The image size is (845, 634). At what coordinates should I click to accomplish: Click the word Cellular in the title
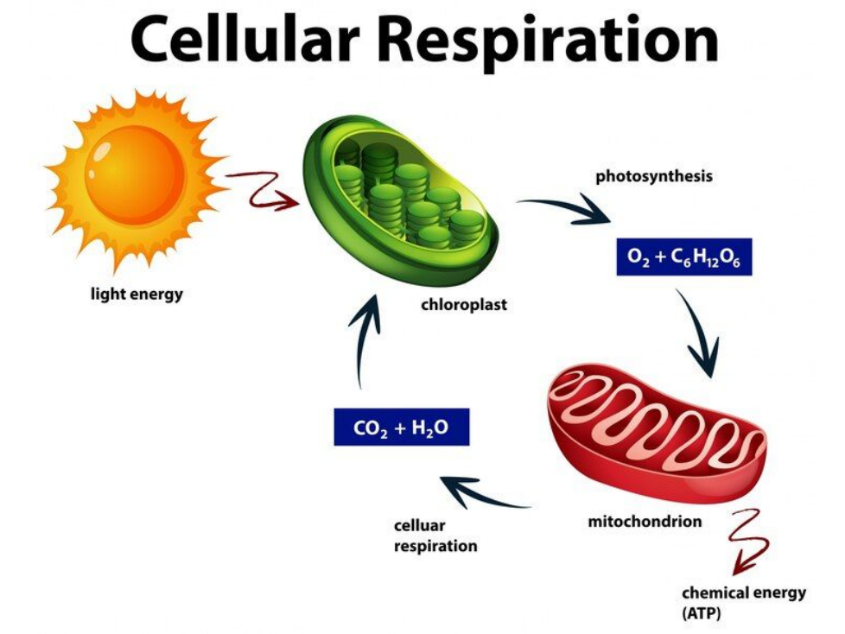[x=239, y=40]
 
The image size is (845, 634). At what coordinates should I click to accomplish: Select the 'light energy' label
[x=137, y=295]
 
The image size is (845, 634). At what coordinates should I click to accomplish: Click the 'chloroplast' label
[x=463, y=305]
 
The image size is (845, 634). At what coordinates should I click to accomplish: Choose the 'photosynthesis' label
[x=654, y=176]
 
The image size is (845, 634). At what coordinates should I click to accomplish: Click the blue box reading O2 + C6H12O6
[x=684, y=257]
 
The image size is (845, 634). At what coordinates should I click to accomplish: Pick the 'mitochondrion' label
[x=645, y=521]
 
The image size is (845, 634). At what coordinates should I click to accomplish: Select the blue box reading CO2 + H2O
[x=402, y=427]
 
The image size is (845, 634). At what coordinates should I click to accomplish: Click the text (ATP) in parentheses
[x=701, y=613]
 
